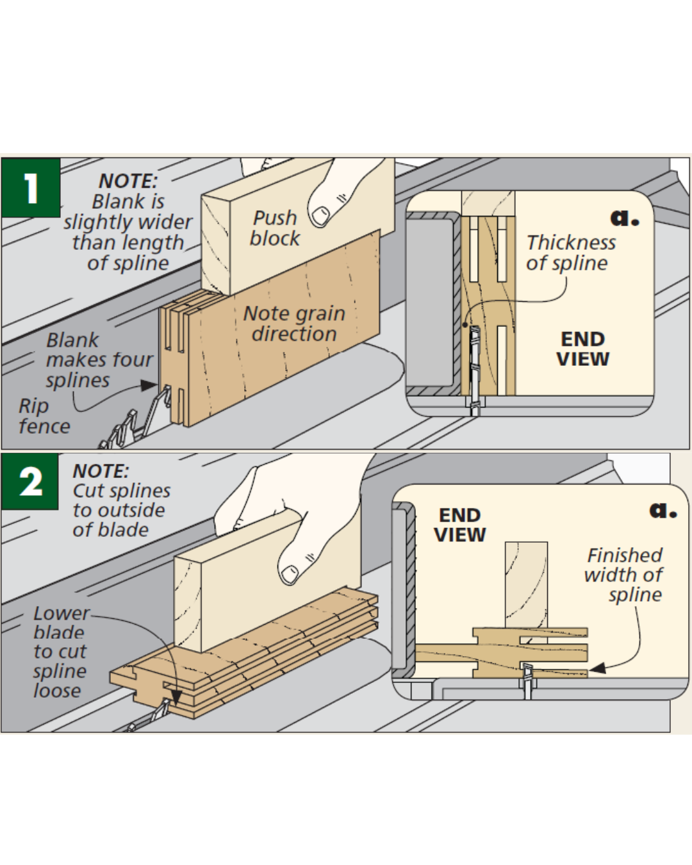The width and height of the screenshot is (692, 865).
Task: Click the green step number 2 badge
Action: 30,481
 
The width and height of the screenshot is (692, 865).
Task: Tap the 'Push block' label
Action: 275,228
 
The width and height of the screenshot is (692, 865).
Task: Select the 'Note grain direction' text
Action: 294,323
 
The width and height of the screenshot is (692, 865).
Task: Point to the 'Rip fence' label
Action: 44,416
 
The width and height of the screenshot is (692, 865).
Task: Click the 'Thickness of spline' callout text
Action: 570,252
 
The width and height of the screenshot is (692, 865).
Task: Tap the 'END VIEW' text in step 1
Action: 582,349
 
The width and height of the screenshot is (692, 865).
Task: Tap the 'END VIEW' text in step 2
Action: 460,525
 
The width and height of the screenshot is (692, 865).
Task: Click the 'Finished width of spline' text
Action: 624,574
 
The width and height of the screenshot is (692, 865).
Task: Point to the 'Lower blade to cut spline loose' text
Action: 59,651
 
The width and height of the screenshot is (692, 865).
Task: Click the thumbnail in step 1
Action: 320,215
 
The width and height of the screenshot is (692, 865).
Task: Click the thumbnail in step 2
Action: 290,573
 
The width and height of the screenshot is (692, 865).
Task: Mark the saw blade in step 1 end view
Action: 475,368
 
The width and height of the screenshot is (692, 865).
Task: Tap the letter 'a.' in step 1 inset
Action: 624,218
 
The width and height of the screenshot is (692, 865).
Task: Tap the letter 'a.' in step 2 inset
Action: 663,510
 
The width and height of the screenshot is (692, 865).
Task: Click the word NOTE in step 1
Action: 128,181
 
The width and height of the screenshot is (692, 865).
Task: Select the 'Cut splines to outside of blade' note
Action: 121,510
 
